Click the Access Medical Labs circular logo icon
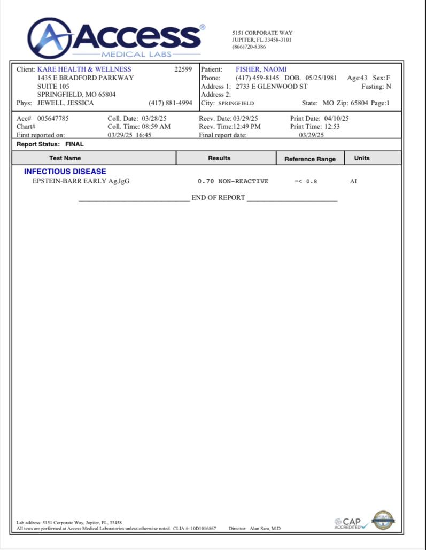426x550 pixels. click(49, 38)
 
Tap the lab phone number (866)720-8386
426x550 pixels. click(249, 47)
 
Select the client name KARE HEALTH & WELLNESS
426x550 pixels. click(84, 69)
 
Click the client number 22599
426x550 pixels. click(183, 69)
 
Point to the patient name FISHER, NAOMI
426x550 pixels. click(261, 69)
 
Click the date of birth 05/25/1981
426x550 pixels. click(321, 78)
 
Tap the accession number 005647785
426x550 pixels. click(53, 119)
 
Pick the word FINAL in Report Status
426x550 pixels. click(75, 144)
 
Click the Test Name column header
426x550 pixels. click(65, 158)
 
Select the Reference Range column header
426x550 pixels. click(310, 159)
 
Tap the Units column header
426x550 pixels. click(362, 158)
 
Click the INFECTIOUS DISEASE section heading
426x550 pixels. click(65, 172)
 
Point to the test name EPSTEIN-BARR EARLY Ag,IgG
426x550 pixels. click(81, 181)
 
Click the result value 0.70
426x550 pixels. click(206, 182)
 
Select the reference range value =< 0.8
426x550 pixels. click(306, 182)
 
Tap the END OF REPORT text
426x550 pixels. click(218, 198)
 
